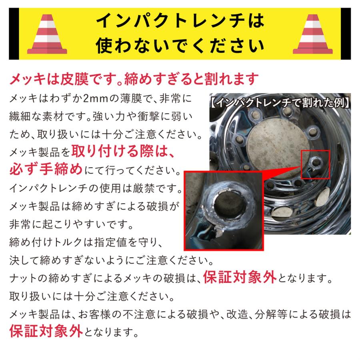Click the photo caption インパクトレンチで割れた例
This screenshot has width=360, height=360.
click(280, 102)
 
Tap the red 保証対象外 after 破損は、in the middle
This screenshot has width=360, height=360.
click(239, 277)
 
